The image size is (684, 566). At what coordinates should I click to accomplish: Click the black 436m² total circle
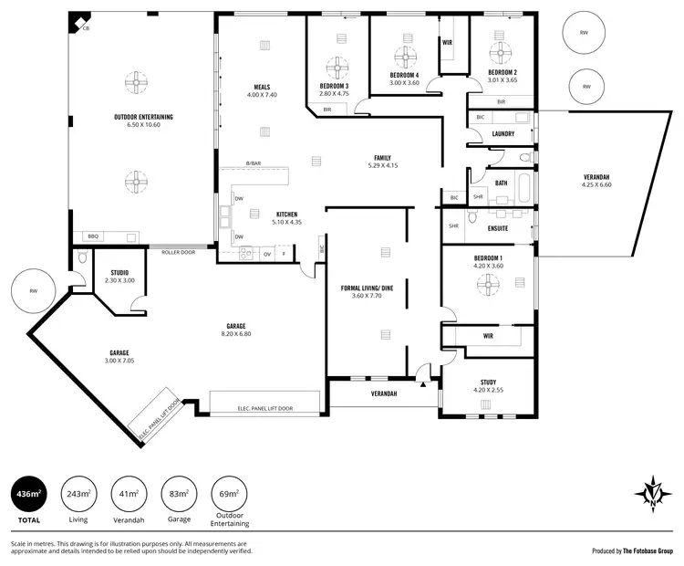tap(29, 494)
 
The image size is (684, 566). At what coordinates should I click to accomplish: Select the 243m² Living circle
tap(78, 494)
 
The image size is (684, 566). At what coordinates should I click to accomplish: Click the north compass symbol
tap(653, 492)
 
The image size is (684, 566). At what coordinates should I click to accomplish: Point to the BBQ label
tap(92, 236)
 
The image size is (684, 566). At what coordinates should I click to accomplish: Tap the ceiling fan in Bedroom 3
tap(335, 68)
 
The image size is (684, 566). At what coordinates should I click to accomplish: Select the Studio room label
tap(119, 272)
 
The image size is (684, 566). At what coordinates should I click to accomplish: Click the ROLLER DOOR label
tap(178, 252)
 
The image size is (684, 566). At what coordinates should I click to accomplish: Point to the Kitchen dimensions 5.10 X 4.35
tap(287, 222)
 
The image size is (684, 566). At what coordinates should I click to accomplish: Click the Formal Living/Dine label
tap(367, 288)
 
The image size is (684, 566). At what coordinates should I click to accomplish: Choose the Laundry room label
tap(503, 134)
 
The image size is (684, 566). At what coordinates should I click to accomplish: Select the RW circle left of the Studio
tap(34, 292)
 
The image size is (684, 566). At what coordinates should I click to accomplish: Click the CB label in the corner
tap(86, 29)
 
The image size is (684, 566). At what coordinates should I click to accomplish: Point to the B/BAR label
tap(254, 163)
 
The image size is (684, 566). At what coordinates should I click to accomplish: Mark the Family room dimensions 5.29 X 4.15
tap(382, 165)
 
